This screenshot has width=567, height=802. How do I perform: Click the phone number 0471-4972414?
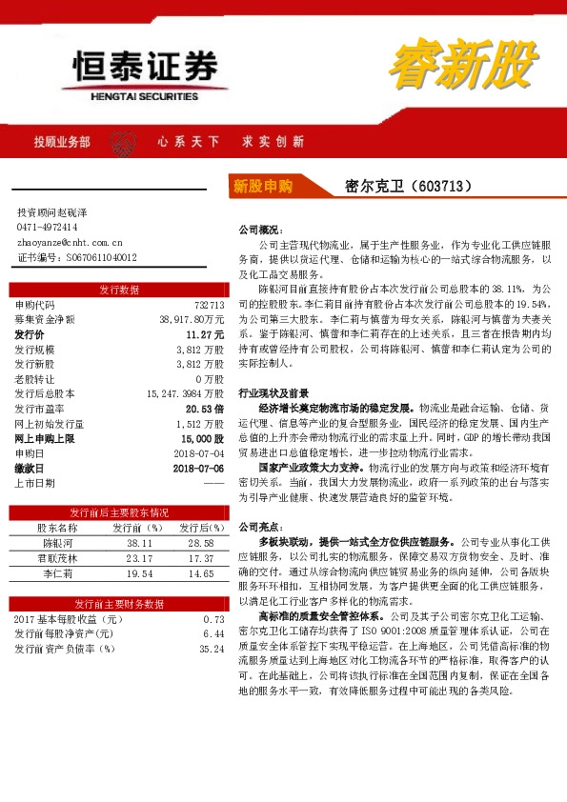48,228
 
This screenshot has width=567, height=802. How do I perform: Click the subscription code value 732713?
208,305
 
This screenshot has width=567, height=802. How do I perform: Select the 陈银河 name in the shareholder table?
57,542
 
